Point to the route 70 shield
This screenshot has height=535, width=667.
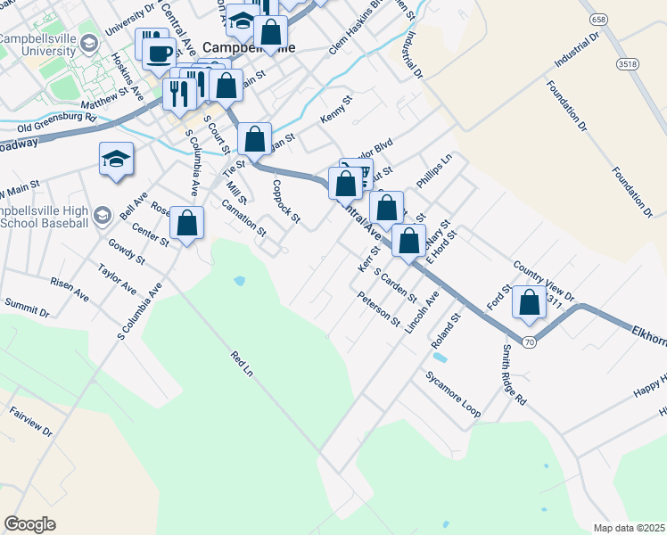point(530,343)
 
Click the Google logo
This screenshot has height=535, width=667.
point(29,524)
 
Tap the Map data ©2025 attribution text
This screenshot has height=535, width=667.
point(629,528)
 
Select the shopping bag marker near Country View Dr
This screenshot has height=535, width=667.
point(530,303)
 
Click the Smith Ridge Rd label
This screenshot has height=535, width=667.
point(513,375)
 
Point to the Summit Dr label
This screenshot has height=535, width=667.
point(27,308)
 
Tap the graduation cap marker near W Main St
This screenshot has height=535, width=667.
point(116,159)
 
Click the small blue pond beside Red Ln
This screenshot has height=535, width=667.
point(239,282)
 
